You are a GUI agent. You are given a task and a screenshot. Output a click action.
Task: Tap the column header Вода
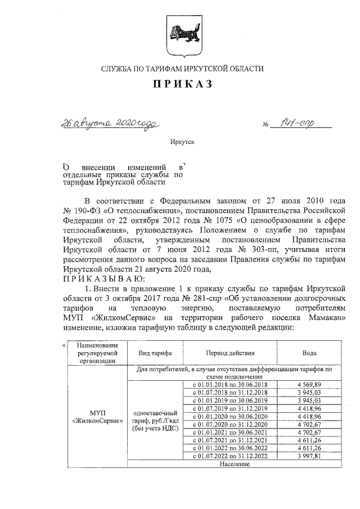coord(301,353)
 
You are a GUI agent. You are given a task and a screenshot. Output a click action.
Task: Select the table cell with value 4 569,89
coord(301,384)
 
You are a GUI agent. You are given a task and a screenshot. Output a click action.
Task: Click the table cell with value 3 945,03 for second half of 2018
coord(301,392)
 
